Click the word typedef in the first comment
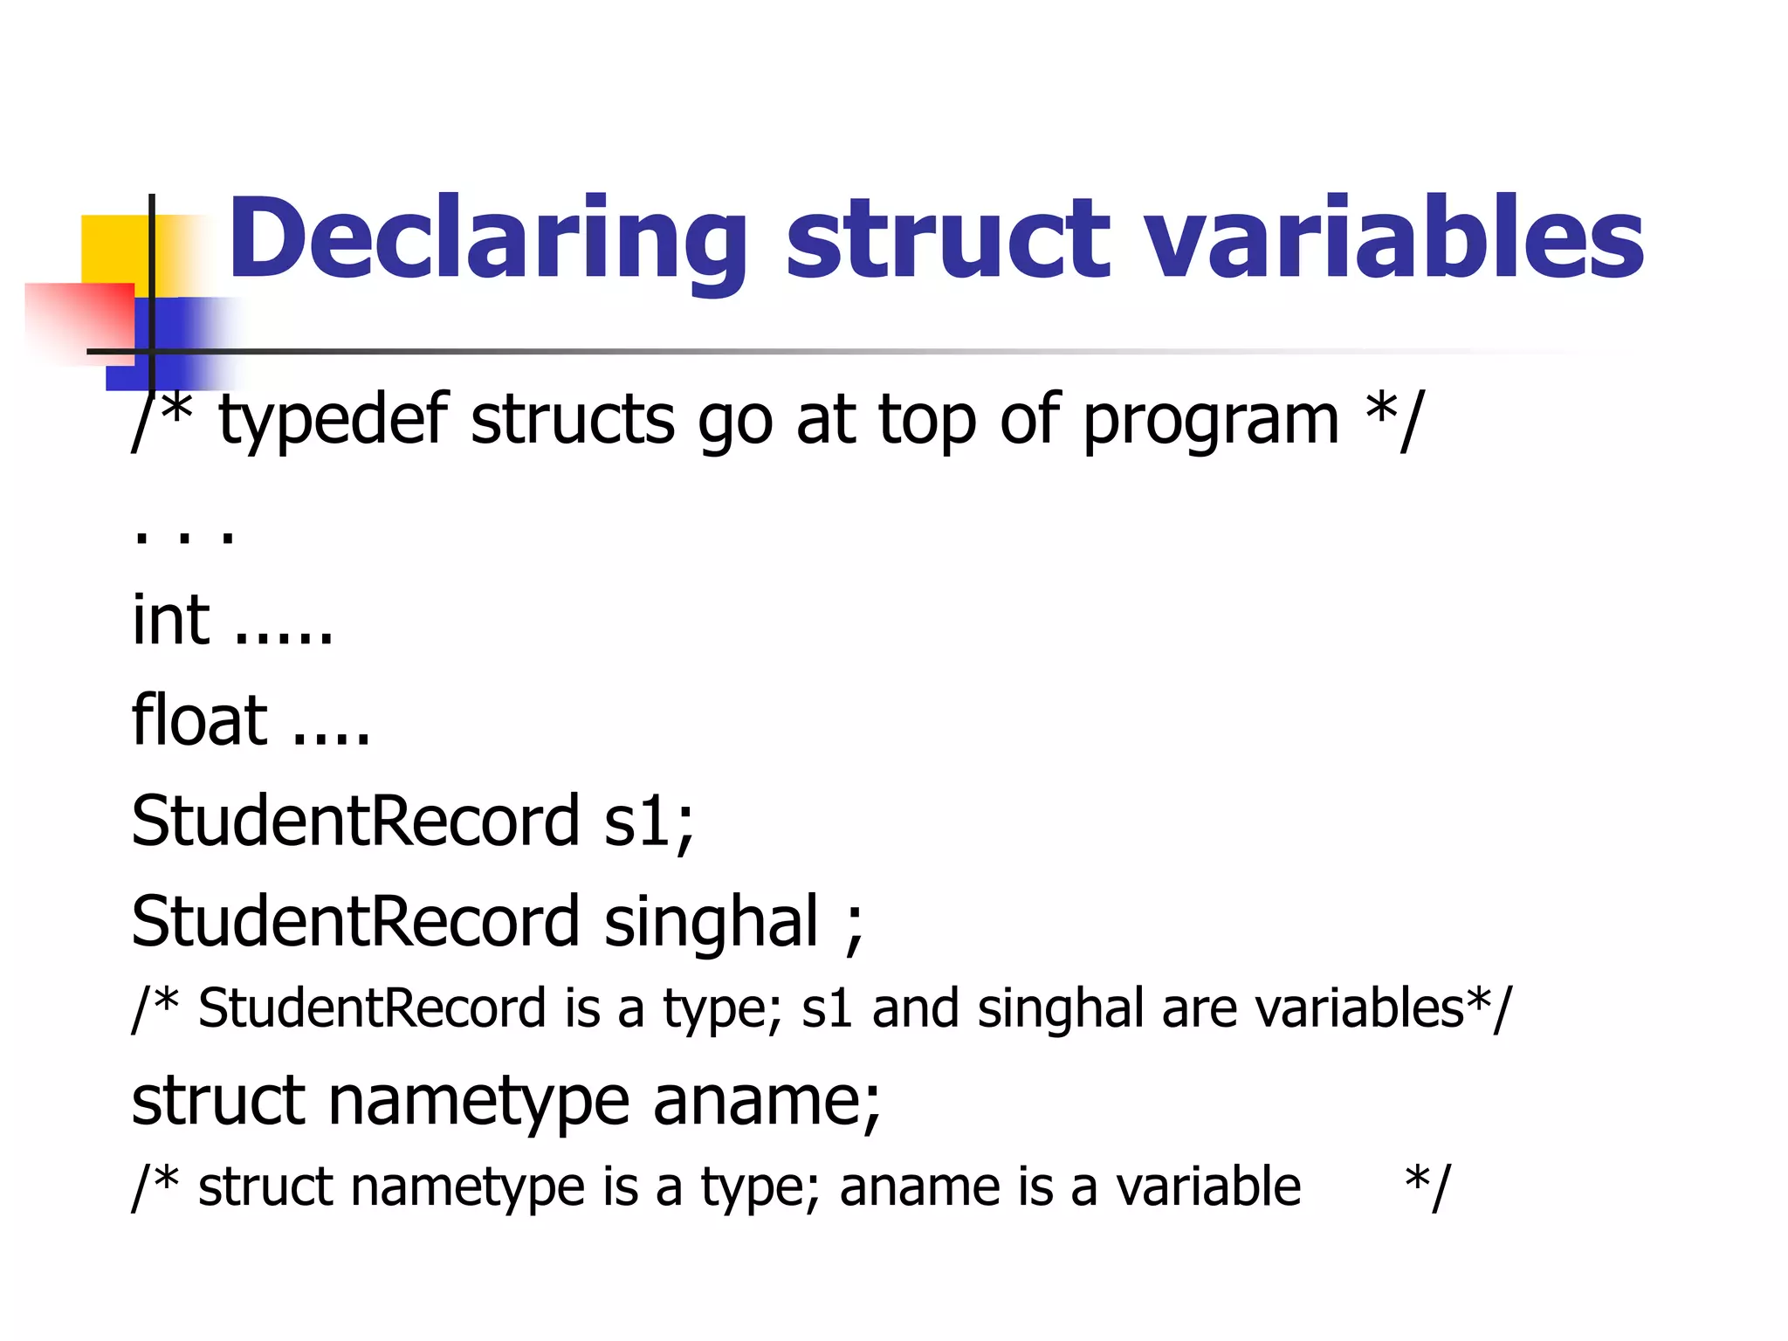(x=333, y=421)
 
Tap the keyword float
(x=199, y=720)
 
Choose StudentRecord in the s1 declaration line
(x=355, y=822)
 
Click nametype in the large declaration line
(x=478, y=1103)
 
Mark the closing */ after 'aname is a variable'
(x=1427, y=1186)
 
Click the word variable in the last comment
(x=1209, y=1187)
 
